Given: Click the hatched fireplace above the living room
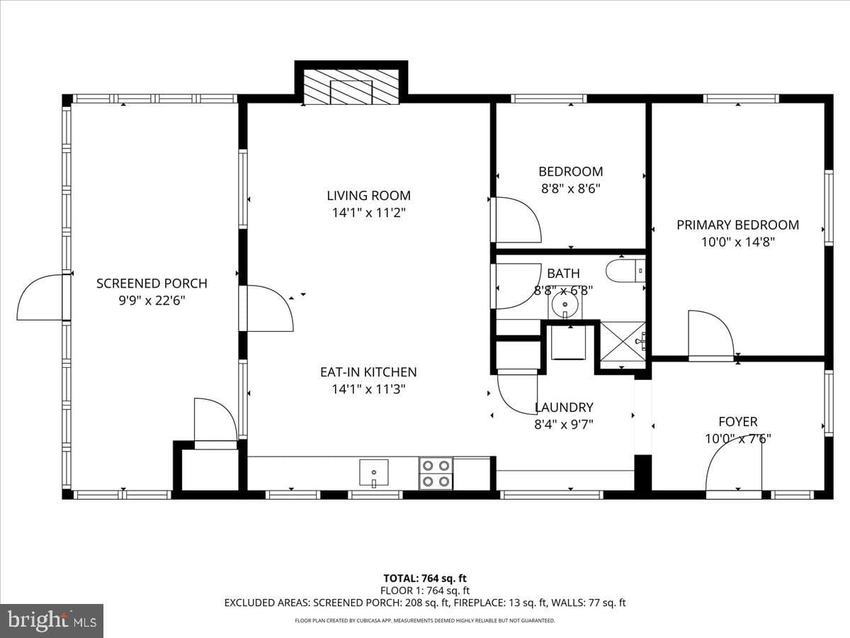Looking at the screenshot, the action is click(x=351, y=86).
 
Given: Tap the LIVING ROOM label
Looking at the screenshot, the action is click(x=368, y=196).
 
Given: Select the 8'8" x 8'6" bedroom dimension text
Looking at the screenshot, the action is click(x=571, y=189).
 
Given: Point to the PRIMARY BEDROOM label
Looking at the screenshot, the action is click(x=737, y=225).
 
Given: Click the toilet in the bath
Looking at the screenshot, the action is click(x=625, y=271).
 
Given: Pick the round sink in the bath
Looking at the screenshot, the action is click(x=565, y=305).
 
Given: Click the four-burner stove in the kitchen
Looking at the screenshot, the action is click(x=436, y=473).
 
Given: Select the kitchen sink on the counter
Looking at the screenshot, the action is click(x=374, y=473).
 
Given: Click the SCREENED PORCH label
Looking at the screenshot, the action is click(x=152, y=284).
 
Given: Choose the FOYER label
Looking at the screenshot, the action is click(x=738, y=422).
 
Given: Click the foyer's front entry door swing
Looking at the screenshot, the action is click(x=733, y=470).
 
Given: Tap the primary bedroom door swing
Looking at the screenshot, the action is click(x=711, y=336).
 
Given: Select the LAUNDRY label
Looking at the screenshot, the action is click(x=564, y=408).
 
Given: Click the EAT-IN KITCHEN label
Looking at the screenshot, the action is click(x=368, y=372).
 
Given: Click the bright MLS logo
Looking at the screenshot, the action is click(x=52, y=620).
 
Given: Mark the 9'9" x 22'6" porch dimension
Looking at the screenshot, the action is click(x=152, y=301).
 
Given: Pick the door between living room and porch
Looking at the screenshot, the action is click(x=266, y=308).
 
